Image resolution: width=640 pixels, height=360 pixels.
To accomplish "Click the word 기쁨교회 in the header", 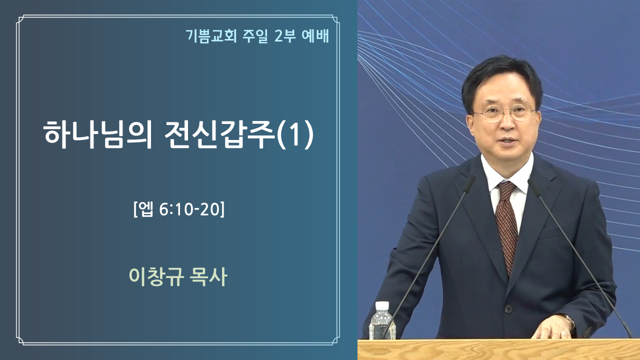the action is coord(211,36).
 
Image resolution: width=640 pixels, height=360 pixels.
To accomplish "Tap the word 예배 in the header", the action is coord(315,36).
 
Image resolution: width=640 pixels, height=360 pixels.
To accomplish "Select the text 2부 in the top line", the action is coord(284,36).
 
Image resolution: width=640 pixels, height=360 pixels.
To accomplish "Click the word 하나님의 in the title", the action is coord(97,134).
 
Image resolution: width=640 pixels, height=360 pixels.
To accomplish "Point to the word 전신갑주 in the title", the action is coord(220,134).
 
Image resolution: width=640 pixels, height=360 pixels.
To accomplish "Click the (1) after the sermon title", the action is coord(295,134).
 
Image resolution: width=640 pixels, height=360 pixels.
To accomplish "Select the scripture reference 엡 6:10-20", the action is coord(179,209).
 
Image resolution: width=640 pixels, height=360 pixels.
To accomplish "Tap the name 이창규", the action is coord(156,276).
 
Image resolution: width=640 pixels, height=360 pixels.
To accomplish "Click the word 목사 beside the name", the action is coord(208,276).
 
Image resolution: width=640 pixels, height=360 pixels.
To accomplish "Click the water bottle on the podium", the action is coord(382,321).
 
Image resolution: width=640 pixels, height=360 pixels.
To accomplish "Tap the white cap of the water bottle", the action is coord(382,305).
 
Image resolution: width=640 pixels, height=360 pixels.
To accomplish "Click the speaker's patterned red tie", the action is coord(507,225).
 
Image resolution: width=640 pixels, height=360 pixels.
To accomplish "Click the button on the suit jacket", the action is coord(508,308).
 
